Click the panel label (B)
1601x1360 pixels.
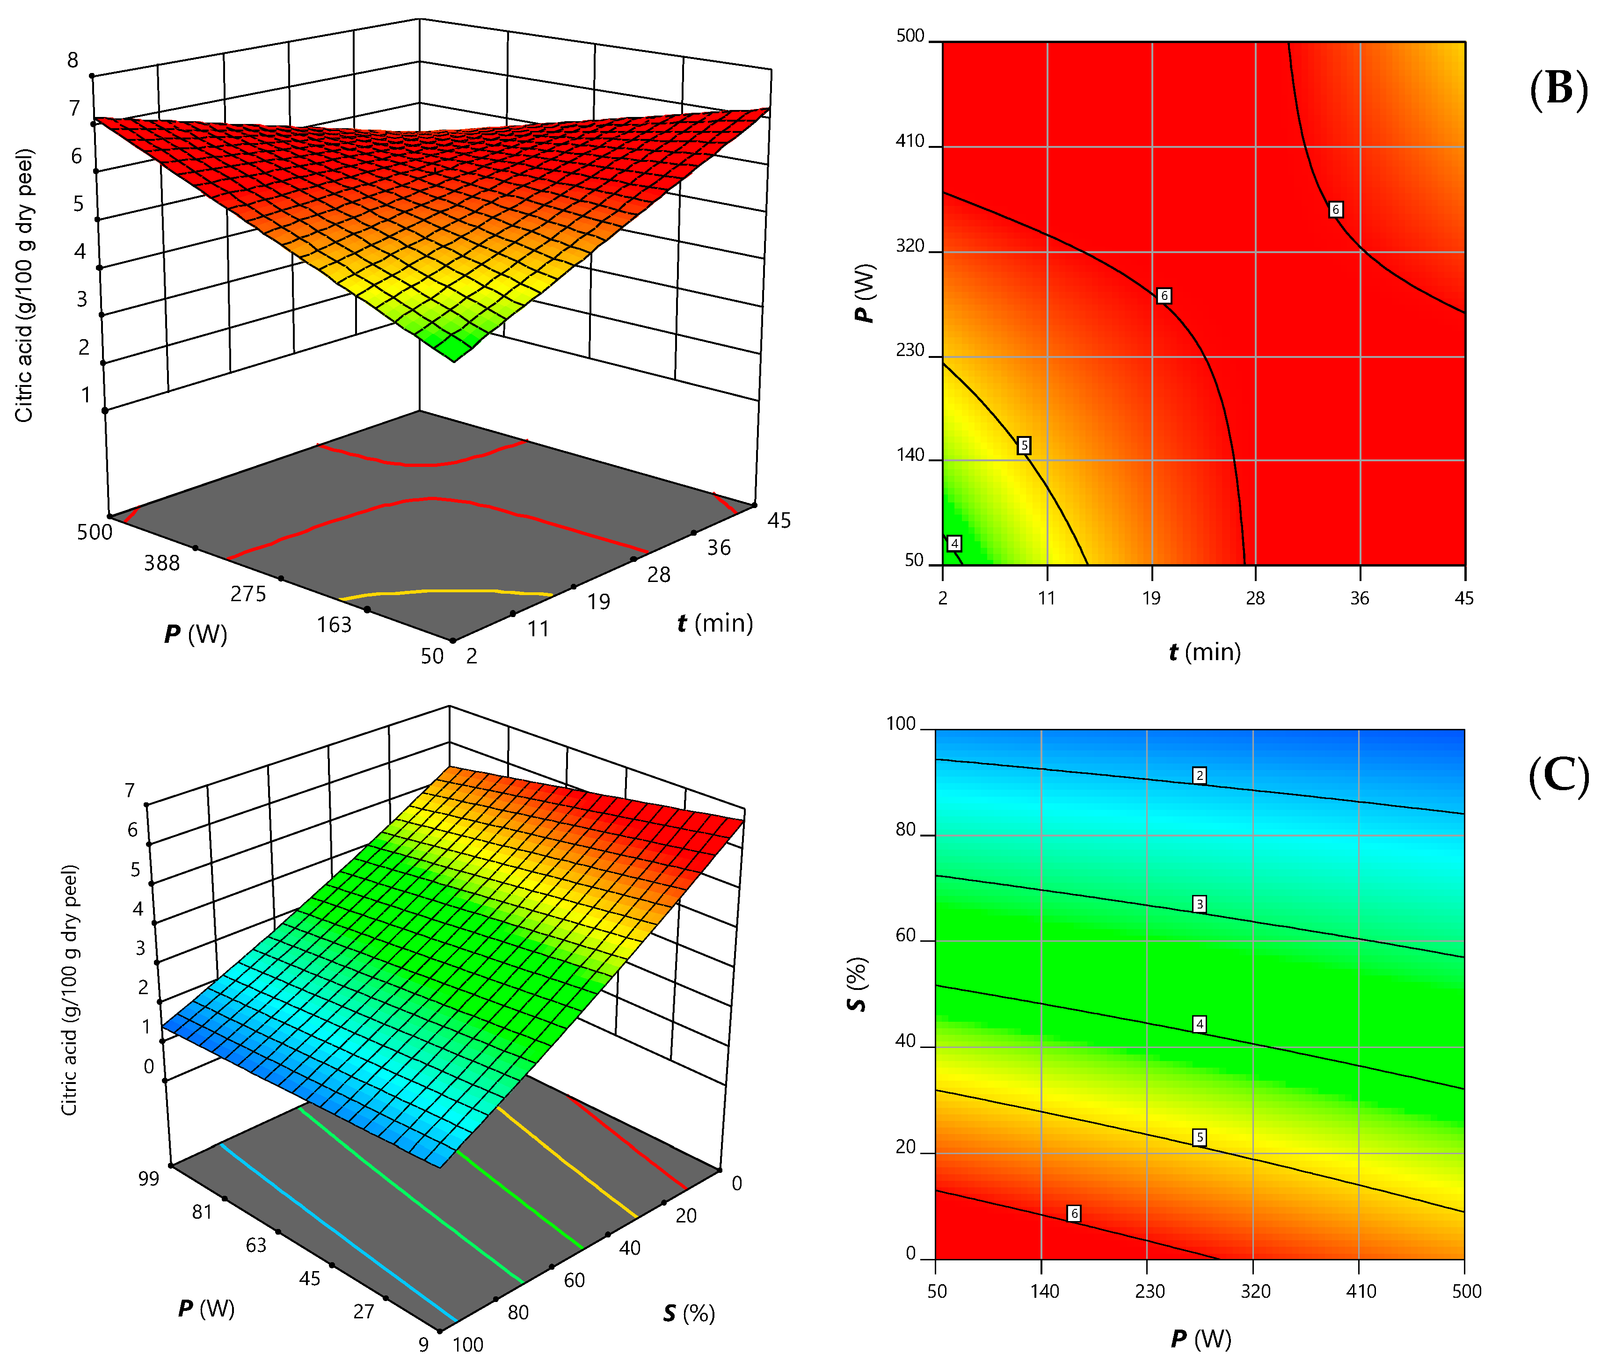pos(1558,89)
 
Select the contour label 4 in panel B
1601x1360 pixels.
pos(954,544)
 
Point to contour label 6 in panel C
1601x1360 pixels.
pos(1074,1214)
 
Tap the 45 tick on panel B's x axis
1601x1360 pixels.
pos(1464,598)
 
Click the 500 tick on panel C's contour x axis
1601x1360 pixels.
pos(1466,1291)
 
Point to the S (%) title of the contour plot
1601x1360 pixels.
pos(857,984)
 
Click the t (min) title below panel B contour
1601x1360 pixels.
pos(1204,652)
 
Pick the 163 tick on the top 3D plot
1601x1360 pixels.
pos(334,625)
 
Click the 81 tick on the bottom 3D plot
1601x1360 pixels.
pos(202,1212)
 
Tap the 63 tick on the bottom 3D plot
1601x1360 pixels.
pos(256,1245)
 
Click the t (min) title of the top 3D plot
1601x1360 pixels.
pos(714,623)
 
